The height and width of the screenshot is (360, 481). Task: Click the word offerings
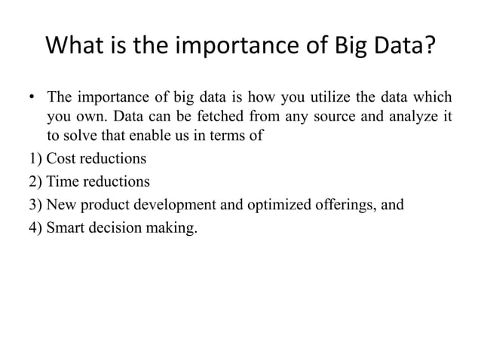tap(344, 203)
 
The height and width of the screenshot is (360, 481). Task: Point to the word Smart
tap(66, 225)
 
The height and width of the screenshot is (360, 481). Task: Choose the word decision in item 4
tap(114, 225)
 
